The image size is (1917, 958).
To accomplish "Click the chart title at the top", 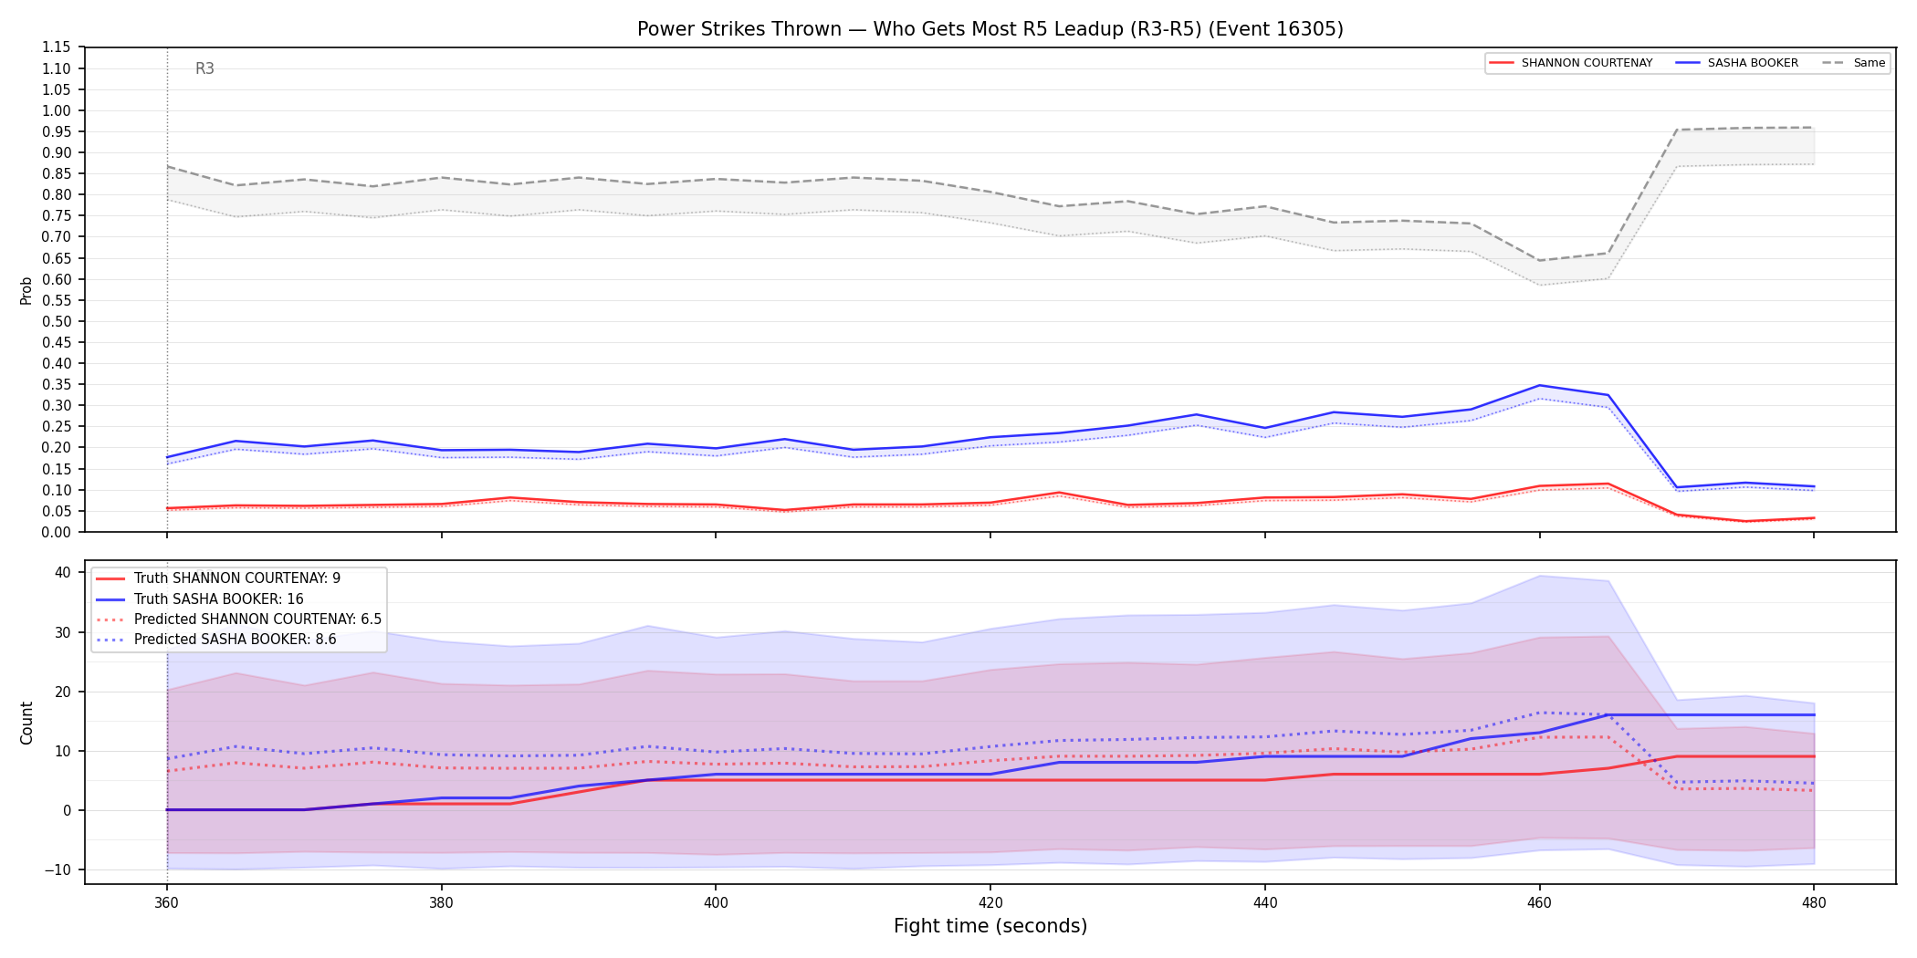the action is [990, 29].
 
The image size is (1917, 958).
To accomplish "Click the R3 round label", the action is [204, 68].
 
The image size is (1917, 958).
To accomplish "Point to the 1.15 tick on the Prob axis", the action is [57, 47].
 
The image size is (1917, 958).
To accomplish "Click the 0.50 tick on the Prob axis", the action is [57, 321].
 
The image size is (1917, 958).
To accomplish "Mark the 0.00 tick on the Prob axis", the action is [57, 532].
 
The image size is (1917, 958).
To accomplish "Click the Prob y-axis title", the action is [26, 290].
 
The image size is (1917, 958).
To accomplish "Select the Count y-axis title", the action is [26, 723].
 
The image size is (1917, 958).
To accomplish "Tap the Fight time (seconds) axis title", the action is [990, 926].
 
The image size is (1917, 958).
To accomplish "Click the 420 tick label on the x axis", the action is [990, 903].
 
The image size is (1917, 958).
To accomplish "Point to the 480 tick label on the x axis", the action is [1814, 903].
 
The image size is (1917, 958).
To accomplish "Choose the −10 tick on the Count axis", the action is [57, 869].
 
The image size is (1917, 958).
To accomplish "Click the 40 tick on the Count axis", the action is [62, 572].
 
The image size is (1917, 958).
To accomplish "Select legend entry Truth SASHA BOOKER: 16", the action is [218, 599].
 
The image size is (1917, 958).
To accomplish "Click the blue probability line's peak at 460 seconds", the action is [1539, 385].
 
